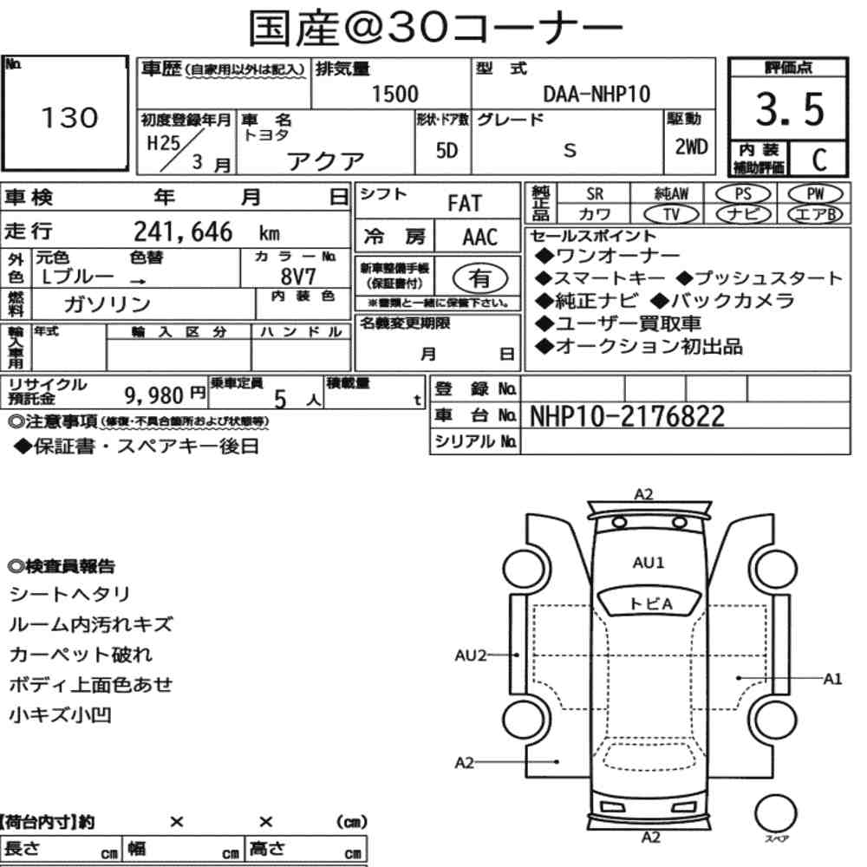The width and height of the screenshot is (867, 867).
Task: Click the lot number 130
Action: coord(69,117)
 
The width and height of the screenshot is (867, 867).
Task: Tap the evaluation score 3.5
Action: coord(790,109)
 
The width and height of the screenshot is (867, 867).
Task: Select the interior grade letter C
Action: coord(819,160)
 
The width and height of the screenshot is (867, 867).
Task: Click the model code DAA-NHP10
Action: coord(596,94)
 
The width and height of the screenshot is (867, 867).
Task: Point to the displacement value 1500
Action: coord(394,94)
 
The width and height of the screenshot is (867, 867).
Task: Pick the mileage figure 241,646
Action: coord(183,231)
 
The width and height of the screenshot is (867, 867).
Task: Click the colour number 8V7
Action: coord(298,276)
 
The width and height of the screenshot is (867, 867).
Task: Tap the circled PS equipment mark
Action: coord(743,194)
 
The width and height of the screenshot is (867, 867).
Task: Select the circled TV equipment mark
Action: coord(671,214)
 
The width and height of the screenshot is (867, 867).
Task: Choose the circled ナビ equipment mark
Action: coord(743,214)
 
